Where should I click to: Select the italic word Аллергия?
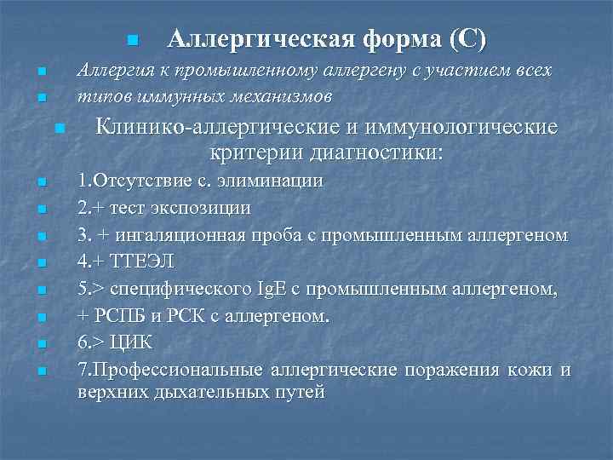(114, 70)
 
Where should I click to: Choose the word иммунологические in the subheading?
(459, 128)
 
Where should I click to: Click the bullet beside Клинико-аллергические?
(58, 129)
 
